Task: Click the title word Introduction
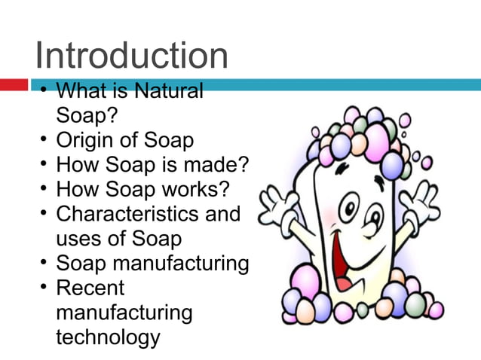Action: click(x=131, y=56)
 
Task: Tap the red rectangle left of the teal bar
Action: click(x=14, y=85)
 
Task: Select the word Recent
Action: click(x=90, y=288)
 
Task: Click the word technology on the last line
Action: click(x=108, y=337)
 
